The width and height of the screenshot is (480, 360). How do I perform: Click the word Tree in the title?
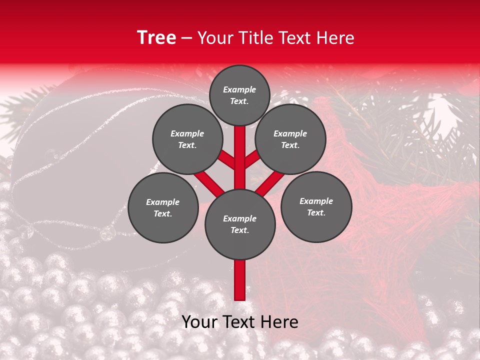click(156, 38)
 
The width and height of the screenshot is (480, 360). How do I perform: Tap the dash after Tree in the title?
click(187, 38)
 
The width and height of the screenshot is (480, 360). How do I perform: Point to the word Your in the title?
click(215, 38)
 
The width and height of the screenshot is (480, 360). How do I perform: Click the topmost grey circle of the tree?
click(239, 95)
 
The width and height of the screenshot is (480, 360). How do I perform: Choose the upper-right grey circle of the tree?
click(290, 139)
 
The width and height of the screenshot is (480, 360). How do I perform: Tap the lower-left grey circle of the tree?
click(163, 207)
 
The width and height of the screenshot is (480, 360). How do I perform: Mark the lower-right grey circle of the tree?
click(316, 206)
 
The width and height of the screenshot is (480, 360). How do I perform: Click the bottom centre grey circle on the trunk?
click(240, 224)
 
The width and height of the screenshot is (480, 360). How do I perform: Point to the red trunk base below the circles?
click(240, 280)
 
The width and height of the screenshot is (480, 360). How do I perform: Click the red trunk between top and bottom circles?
click(240, 160)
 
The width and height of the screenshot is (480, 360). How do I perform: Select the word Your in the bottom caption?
click(199, 322)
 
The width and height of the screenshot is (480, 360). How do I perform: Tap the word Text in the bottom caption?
click(238, 322)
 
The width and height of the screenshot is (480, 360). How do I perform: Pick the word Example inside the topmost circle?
click(239, 89)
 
